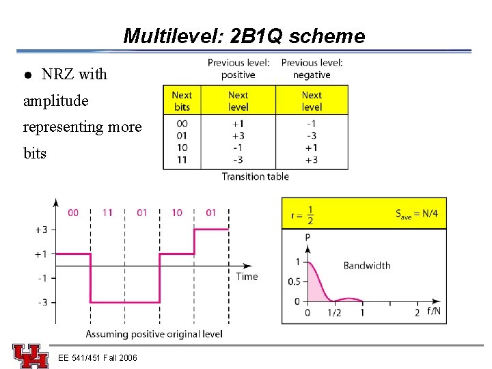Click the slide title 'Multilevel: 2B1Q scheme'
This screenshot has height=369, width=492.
[244, 36]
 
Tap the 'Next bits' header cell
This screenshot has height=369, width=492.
[182, 101]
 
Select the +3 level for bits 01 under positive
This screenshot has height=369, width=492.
[238, 135]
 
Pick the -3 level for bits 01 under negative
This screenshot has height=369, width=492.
[311, 135]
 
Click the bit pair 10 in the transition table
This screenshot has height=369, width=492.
[182, 148]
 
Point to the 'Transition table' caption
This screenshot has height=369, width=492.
[255, 176]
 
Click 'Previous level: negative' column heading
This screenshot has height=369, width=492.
[312, 68]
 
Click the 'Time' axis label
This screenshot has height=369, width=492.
[247, 276]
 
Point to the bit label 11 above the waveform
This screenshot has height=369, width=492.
[107, 213]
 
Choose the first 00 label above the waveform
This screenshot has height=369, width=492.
[73, 213]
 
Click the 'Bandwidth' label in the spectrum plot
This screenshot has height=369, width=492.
[367, 265]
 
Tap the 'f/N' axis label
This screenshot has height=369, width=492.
[434, 312]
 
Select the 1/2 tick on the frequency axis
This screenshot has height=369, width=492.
[335, 313]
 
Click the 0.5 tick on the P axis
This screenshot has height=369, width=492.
[294, 282]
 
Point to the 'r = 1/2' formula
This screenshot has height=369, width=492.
[302, 214]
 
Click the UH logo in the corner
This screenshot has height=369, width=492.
[30, 356]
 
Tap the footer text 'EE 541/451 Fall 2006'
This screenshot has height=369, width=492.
[98, 358]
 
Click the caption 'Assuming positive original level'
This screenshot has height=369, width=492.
[154, 334]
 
